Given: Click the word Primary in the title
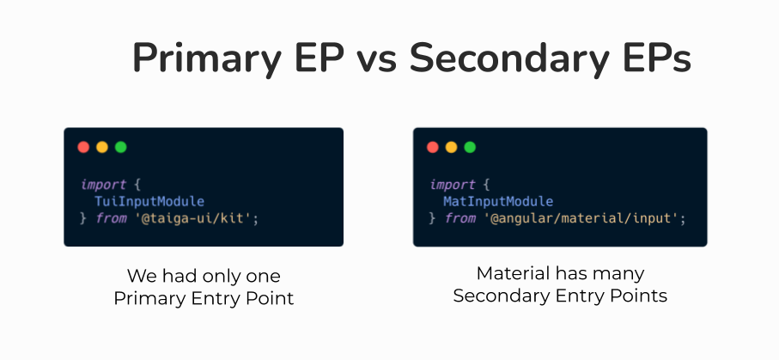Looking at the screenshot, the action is tap(207, 58).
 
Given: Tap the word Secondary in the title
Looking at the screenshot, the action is tap(509, 58).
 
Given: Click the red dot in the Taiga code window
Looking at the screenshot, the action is tap(83, 147).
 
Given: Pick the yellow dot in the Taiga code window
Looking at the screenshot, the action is tap(102, 147).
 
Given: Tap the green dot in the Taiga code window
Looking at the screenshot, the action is tap(121, 147).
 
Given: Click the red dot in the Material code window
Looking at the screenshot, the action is tap(433, 147).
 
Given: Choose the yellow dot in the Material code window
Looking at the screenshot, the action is tap(451, 147).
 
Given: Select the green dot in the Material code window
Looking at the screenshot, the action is tap(470, 147).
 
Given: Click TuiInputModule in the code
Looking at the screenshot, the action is tap(149, 201).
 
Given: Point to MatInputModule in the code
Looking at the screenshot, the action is tap(498, 201).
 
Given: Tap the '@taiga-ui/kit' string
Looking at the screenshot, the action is tap(194, 218).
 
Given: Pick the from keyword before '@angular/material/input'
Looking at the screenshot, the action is tap(460, 218).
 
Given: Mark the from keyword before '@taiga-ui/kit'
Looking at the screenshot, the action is tap(112, 218).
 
